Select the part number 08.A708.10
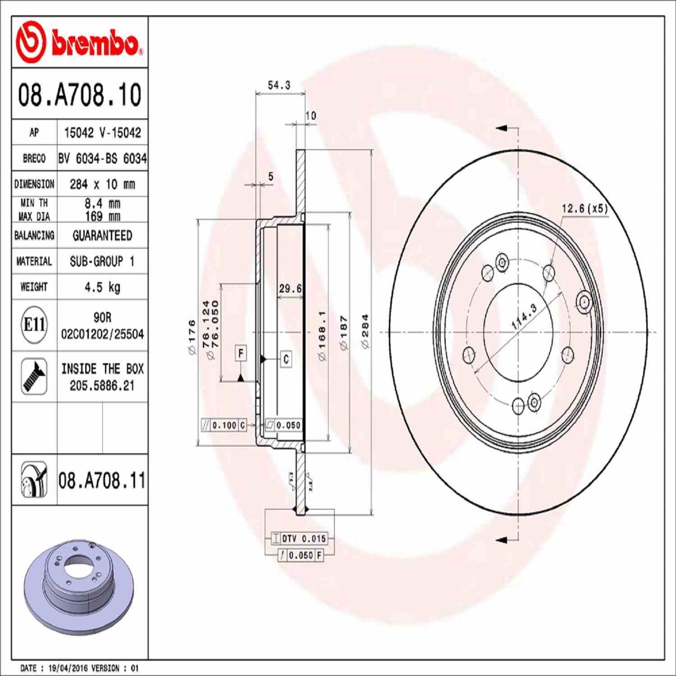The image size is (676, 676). pyautogui.click(x=79, y=95)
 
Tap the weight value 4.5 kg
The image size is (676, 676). pyautogui.click(x=102, y=287)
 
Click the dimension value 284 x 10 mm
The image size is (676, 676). pyautogui.click(x=102, y=184)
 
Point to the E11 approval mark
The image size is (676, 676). pyautogui.click(x=34, y=324)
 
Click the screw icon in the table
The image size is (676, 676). pyautogui.click(x=34, y=376)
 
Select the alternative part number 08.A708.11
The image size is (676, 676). pyautogui.click(x=102, y=480)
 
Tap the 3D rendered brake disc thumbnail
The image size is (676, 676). pyautogui.click(x=79, y=586)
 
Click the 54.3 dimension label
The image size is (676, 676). pyautogui.click(x=279, y=85)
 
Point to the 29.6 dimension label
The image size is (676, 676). pyautogui.click(x=290, y=288)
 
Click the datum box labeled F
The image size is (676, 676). pyautogui.click(x=241, y=353)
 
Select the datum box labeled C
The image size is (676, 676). pyautogui.click(x=286, y=359)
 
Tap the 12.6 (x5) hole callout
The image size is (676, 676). pyautogui.click(x=585, y=209)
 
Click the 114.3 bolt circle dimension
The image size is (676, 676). pyautogui.click(x=524, y=316)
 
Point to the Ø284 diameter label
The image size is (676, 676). pyautogui.click(x=365, y=331)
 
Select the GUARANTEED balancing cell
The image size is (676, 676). pyautogui.click(x=102, y=236)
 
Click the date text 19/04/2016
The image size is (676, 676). pyautogui.click(x=68, y=668)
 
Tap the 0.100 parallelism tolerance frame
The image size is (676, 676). pyautogui.click(x=224, y=425)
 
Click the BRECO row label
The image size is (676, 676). pyautogui.click(x=34, y=159)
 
